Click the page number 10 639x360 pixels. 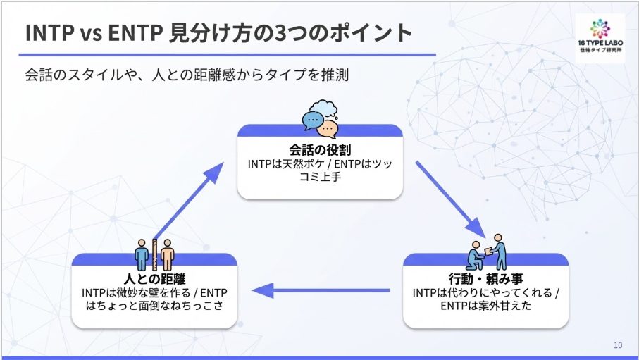(x=618, y=345)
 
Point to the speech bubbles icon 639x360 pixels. (x=320, y=119)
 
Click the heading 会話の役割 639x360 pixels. (x=320, y=150)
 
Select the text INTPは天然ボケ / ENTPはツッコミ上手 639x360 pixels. (x=320, y=170)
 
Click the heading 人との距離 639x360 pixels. (x=154, y=279)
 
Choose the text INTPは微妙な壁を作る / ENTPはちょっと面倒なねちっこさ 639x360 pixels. (x=154, y=299)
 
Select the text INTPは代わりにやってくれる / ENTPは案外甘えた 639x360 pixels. (x=486, y=299)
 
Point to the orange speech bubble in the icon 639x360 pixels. (x=328, y=128)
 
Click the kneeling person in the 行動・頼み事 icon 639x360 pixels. (x=477, y=254)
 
